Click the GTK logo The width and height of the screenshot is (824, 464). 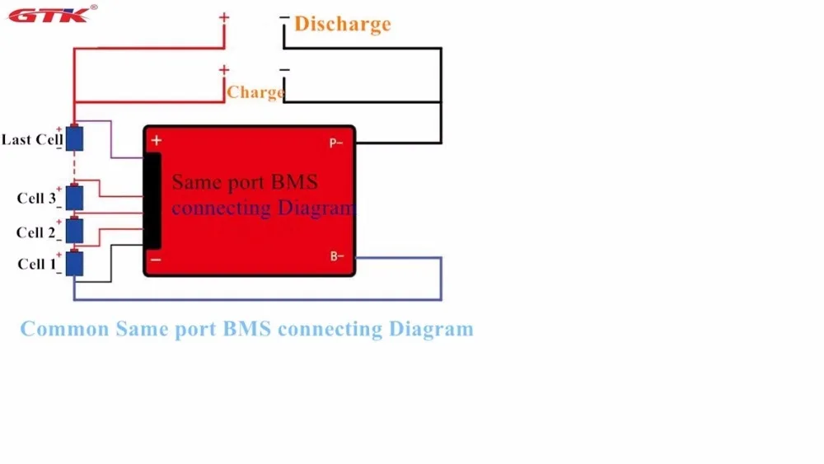51,14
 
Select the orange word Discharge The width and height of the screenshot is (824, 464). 343,24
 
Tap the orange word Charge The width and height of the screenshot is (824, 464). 255,92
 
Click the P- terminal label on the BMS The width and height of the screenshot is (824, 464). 336,143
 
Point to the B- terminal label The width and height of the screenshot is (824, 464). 337,256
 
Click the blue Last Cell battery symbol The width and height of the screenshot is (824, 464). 74,138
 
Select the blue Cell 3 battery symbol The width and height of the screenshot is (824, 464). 74,197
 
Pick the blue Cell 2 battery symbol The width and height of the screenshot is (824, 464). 74,230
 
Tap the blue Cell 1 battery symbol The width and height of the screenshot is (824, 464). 74,263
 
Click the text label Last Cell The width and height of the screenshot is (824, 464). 32,140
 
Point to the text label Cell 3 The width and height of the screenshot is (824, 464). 36,198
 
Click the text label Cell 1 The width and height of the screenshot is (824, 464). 36,264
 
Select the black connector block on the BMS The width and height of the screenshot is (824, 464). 152,200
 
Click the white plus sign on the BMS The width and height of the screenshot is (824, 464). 156,140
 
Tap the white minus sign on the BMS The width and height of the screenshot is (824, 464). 156,260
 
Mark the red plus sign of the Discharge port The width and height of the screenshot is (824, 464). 224,17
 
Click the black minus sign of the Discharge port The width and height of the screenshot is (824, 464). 284,17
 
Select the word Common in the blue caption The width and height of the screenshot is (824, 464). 64,329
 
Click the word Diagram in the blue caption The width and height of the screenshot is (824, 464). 431,330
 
